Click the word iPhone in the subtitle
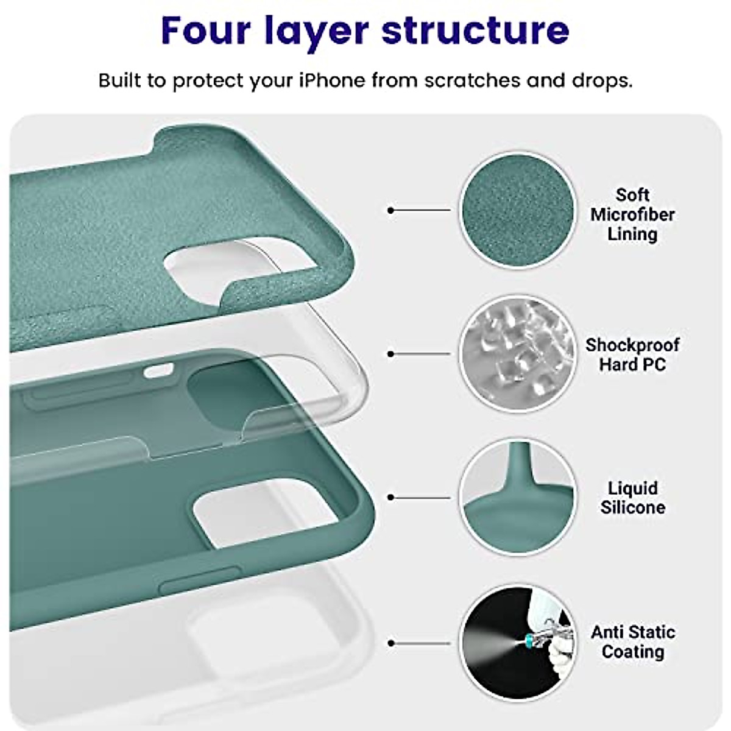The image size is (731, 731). [x=331, y=80]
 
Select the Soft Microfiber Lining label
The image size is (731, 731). [x=632, y=214]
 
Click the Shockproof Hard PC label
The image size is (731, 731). [x=632, y=355]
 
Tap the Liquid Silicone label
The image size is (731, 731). [x=632, y=498]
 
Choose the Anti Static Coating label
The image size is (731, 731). [x=632, y=641]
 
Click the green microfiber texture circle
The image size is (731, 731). [x=517, y=210]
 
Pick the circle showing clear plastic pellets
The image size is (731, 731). [x=517, y=354]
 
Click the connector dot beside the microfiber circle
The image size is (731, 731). [x=391, y=210]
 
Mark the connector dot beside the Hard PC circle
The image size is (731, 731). [x=391, y=354]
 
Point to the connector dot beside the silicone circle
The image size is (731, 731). [x=391, y=498]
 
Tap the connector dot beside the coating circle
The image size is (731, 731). [x=391, y=643]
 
